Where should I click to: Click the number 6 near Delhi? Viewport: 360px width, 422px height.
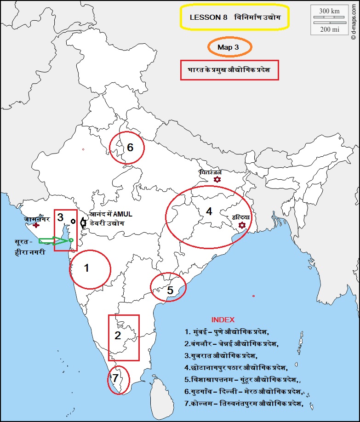coord(130,148)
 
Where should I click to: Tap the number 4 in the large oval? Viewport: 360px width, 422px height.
coord(209,211)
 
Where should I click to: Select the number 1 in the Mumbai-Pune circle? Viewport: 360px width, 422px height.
coord(86,268)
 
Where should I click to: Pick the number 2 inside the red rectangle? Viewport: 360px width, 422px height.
coord(118,335)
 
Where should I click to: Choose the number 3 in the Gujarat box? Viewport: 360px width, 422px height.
coord(60,217)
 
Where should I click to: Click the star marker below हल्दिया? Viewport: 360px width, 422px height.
coord(242,225)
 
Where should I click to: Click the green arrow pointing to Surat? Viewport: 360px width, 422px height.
coord(53,240)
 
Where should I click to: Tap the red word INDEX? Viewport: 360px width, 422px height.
coord(223,319)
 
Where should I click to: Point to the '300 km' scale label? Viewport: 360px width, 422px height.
coord(329,11)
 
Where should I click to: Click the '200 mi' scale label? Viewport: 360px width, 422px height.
coord(329,29)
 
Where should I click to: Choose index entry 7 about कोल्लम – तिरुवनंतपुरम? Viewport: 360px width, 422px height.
coord(244,403)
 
